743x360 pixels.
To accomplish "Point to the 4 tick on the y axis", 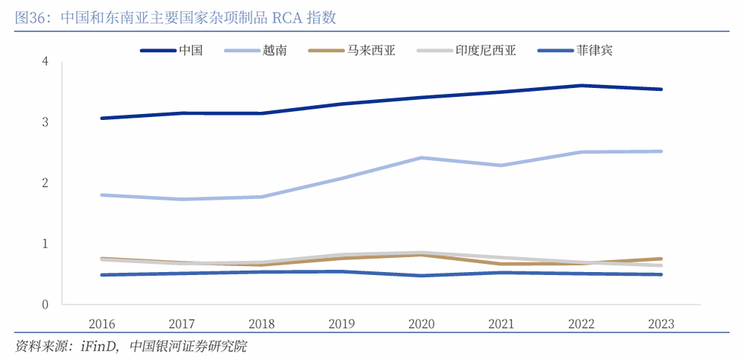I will point(45,61).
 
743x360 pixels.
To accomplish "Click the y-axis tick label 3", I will point(45,122).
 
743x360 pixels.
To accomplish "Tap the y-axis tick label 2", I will point(45,183).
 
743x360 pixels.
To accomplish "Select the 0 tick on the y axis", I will point(45,305).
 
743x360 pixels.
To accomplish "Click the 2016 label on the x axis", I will point(101,324).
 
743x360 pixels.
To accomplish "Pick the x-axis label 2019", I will point(341,324).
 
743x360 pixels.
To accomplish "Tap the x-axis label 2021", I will point(502,324).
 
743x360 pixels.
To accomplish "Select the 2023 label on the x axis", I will point(661,324).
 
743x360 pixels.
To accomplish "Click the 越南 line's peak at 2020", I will point(421,158).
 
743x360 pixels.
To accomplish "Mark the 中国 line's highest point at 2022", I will point(581,86).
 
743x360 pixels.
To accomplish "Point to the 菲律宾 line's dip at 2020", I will point(421,276).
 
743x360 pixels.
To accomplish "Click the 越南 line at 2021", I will point(502,165).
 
